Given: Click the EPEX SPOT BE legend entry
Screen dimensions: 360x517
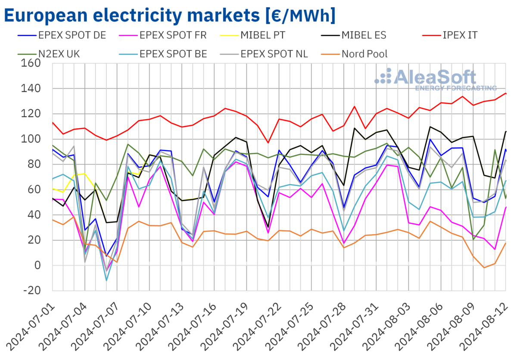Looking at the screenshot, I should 176,54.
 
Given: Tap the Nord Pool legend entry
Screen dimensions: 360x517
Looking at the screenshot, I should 364,54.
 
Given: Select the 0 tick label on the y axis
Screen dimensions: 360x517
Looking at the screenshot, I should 37,265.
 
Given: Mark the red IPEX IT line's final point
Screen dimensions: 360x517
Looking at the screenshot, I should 506,93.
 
